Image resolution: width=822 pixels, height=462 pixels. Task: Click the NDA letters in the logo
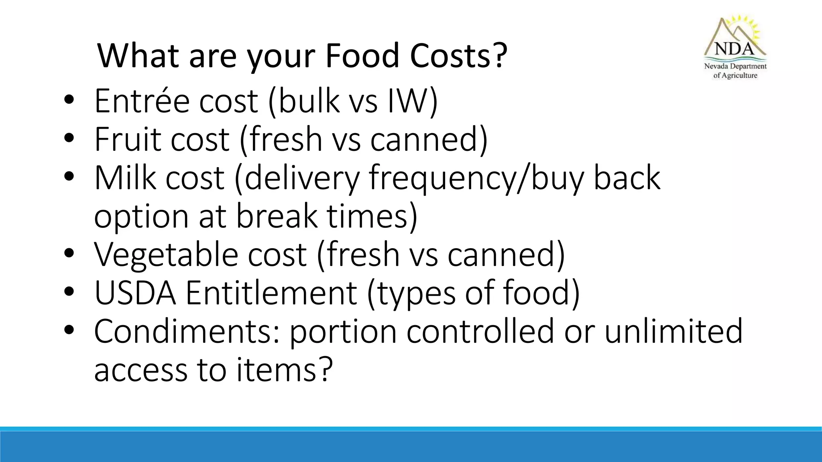coord(734,49)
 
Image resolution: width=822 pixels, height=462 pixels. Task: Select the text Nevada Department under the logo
coord(735,66)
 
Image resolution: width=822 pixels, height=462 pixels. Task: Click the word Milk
coord(125,178)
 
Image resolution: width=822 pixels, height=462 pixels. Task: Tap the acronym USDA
coord(135,293)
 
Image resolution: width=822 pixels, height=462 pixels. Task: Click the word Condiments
coord(187,331)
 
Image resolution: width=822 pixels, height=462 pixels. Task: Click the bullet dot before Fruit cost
coord(69,138)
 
